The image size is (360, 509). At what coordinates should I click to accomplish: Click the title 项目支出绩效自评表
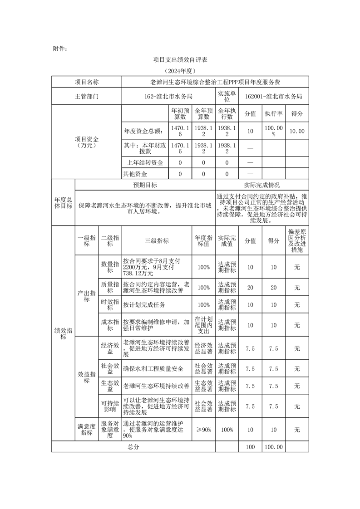(180, 59)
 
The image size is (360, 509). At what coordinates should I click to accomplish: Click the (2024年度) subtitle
(180, 71)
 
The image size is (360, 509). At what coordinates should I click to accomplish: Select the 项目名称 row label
(86, 82)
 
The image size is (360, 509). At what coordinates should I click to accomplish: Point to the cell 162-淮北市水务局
(168, 96)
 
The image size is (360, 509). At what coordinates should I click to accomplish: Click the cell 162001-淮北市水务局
(273, 96)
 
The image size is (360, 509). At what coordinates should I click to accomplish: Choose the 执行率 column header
(274, 113)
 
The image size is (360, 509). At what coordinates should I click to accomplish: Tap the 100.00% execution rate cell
(274, 131)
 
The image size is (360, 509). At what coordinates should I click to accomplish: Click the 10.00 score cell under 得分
(297, 131)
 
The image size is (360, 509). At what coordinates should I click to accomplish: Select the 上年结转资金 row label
(145, 162)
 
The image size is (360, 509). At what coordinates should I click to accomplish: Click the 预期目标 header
(145, 185)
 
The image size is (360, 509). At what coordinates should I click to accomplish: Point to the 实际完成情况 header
(262, 185)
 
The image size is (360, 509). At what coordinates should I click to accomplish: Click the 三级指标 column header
(157, 241)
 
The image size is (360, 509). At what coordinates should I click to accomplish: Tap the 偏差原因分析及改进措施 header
(297, 241)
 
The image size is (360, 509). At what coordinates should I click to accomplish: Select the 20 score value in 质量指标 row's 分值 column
(250, 288)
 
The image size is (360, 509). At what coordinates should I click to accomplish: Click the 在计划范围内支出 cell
(203, 325)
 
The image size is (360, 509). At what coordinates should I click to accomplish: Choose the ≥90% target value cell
(203, 430)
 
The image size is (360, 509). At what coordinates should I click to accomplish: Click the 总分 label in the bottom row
(133, 447)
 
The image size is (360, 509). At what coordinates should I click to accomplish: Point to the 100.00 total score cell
(274, 447)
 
